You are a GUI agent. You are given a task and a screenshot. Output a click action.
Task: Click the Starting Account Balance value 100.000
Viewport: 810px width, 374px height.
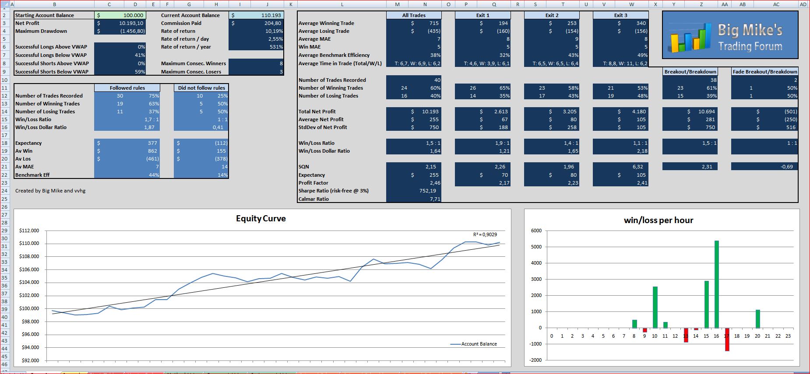coord(133,15)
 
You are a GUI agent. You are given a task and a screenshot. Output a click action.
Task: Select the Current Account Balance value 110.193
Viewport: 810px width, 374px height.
coord(271,15)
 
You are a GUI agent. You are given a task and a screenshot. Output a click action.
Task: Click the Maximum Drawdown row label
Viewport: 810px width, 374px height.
coord(41,31)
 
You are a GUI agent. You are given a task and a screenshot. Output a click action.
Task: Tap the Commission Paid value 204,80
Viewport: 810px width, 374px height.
coord(273,23)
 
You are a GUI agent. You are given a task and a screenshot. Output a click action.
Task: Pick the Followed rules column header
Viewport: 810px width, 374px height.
coord(127,88)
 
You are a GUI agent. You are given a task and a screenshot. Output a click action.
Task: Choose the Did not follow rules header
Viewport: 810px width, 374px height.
coord(201,88)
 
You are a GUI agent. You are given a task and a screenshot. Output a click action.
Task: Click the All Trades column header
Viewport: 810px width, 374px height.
coord(414,15)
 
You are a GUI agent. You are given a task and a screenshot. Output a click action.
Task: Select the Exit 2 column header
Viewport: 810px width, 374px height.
coord(552,15)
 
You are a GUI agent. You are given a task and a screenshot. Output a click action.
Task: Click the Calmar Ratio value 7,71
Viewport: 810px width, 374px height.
coord(435,199)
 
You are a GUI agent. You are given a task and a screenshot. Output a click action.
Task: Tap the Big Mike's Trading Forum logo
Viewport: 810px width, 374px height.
coord(730,35)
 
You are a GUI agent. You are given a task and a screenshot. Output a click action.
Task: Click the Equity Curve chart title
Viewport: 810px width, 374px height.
coord(261,218)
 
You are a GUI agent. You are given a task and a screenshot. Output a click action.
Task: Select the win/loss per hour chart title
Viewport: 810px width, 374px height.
coord(659,220)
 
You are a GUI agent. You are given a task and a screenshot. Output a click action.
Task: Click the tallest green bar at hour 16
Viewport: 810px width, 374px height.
coord(716,284)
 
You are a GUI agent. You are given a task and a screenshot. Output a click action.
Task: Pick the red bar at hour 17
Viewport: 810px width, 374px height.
coord(727,339)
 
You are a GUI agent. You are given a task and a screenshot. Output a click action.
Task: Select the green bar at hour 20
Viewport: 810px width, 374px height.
coord(758,319)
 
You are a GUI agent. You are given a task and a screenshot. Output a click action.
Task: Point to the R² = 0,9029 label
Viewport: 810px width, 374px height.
coord(485,234)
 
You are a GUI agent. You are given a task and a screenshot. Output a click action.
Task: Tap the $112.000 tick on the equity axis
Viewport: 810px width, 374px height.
coord(29,231)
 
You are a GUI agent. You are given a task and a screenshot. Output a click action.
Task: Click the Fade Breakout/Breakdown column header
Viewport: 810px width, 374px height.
coord(765,72)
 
